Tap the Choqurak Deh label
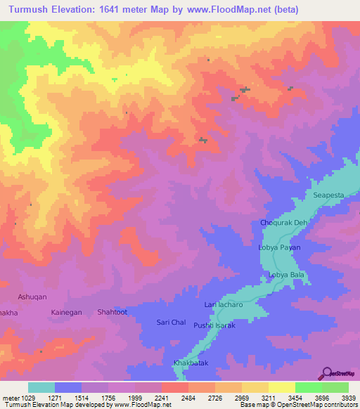(x=285, y=223)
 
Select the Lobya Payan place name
(x=281, y=247)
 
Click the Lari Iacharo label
(x=223, y=304)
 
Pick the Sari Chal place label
(x=169, y=323)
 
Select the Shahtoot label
(x=112, y=311)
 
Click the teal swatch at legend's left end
(x=41, y=387)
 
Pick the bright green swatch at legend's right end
(x=335, y=387)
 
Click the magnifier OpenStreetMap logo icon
(x=328, y=373)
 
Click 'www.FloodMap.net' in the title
(x=219, y=10)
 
